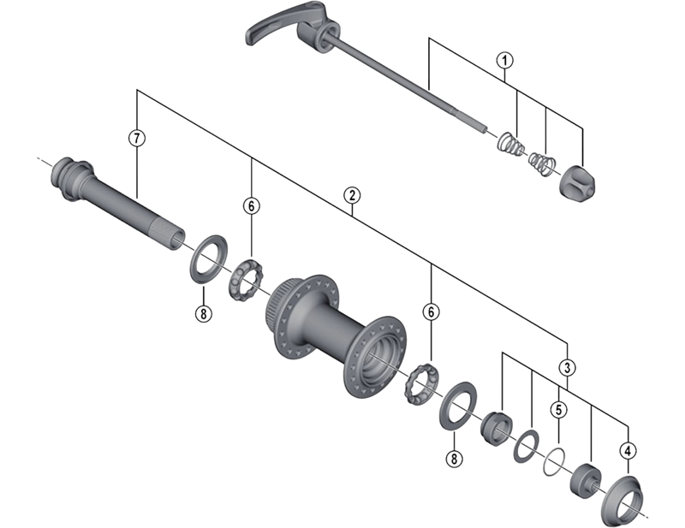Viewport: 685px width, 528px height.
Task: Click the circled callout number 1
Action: pos(505,60)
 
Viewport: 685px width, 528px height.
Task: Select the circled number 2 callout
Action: pos(350,194)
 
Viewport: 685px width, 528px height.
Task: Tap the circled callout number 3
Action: pos(568,367)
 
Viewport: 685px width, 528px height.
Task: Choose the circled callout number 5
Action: pos(557,409)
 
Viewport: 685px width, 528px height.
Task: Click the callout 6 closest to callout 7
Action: pos(251,206)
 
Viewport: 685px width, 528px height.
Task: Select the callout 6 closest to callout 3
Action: pos(431,312)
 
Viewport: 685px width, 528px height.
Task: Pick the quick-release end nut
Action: pos(578,180)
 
